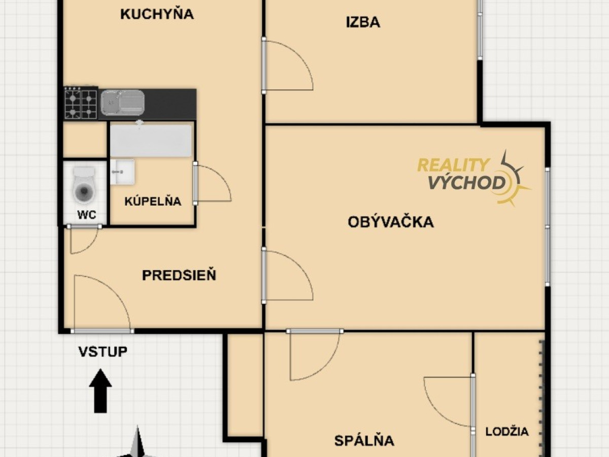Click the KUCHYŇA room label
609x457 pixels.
coord(157,13)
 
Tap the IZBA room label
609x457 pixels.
coord(363,22)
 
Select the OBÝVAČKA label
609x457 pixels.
coord(391,222)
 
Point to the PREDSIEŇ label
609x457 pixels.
coord(179,275)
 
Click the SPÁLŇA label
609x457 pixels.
coord(364,440)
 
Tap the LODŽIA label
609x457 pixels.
coord(507,432)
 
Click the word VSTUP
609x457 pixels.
coord(103,352)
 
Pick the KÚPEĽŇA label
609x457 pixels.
coord(153,201)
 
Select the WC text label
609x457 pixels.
coord(87,214)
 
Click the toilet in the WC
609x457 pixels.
coord(84,185)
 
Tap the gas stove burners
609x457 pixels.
coord(81,103)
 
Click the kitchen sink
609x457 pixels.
coord(122,103)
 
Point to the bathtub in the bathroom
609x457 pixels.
coord(151,141)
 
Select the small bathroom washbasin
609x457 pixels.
coord(122,172)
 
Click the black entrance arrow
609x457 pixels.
coord(100,390)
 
